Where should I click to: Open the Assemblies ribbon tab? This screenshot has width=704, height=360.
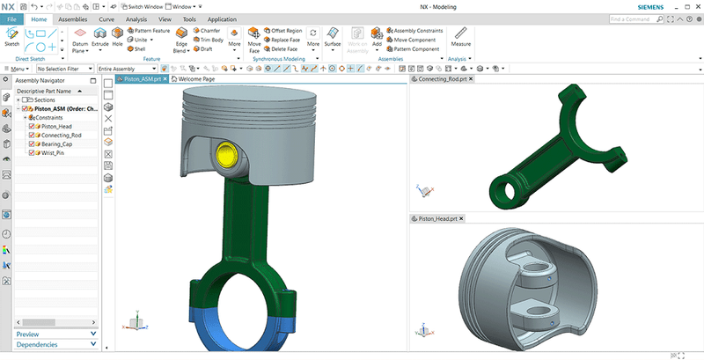[73, 18]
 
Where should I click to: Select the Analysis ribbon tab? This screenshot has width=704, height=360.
[136, 18]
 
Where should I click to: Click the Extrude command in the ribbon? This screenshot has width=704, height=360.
[99, 37]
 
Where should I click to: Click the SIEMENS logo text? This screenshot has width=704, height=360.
[672, 6]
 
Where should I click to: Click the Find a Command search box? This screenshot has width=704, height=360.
[636, 18]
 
